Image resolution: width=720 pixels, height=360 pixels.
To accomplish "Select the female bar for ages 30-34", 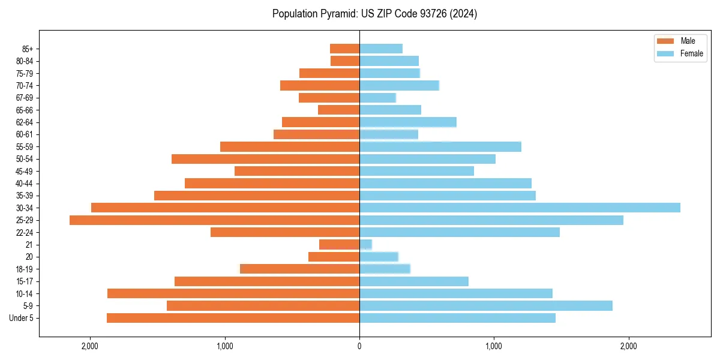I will pyautogui.click(x=520, y=208).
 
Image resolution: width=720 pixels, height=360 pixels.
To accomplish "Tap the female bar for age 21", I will pyautogui.click(x=365, y=245).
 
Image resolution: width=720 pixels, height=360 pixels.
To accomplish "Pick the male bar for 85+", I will pyautogui.click(x=344, y=49).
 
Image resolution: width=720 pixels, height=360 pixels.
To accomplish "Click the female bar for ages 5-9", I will pyautogui.click(x=485, y=306).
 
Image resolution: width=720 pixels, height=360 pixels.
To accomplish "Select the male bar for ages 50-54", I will pyautogui.click(x=265, y=159).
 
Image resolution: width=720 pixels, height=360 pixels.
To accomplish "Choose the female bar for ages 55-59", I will pyautogui.click(x=440, y=146).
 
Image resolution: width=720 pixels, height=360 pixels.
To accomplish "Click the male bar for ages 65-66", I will pyautogui.click(x=338, y=110).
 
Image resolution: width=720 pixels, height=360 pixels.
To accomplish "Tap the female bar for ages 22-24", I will pyautogui.click(x=459, y=232).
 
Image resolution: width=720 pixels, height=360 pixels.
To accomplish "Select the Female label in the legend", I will pyautogui.click(x=691, y=53).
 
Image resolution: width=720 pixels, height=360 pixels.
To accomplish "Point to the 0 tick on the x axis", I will pyautogui.click(x=359, y=346).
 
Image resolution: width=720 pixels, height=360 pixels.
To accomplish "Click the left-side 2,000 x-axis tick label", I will pyautogui.click(x=90, y=346).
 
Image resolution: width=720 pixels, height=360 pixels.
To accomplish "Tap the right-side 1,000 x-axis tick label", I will pyautogui.click(x=494, y=346).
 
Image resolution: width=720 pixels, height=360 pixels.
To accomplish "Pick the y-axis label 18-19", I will pyautogui.click(x=24, y=269).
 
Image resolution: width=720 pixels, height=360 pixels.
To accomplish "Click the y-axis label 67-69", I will pyautogui.click(x=24, y=98).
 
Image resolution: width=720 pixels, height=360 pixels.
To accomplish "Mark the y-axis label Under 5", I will pyautogui.click(x=21, y=318).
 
